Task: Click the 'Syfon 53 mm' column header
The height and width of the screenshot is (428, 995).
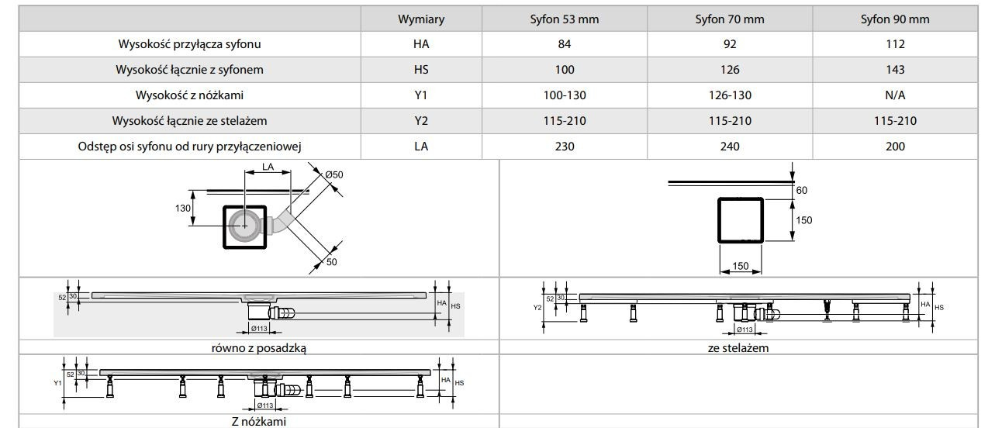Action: click(565, 19)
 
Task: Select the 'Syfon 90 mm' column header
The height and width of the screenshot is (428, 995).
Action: click(895, 19)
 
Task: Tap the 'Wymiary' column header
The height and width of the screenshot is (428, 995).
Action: click(421, 19)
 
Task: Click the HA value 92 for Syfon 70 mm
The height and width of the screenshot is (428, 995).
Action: click(729, 44)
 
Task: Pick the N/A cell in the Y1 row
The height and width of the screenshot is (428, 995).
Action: click(895, 95)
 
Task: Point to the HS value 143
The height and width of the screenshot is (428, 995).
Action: click(895, 70)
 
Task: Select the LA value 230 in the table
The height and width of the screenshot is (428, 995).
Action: click(565, 146)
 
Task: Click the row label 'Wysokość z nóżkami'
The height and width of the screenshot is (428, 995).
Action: click(190, 95)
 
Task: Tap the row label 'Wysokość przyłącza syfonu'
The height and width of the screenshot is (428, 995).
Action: click(190, 44)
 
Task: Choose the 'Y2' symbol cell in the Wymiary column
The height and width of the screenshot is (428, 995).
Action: click(421, 121)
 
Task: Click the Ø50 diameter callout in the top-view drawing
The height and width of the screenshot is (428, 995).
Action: click(333, 175)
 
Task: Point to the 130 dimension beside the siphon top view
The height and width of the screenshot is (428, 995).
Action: click(183, 208)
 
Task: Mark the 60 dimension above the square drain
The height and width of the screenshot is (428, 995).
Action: click(802, 190)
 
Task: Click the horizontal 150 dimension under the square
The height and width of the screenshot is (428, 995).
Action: click(740, 266)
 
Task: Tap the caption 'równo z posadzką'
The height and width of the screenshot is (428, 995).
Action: click(258, 348)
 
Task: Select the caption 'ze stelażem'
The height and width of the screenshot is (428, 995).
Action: click(738, 348)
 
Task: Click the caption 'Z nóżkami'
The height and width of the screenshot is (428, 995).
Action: click(258, 421)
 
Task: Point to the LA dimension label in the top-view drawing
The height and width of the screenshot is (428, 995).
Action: click(268, 166)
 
